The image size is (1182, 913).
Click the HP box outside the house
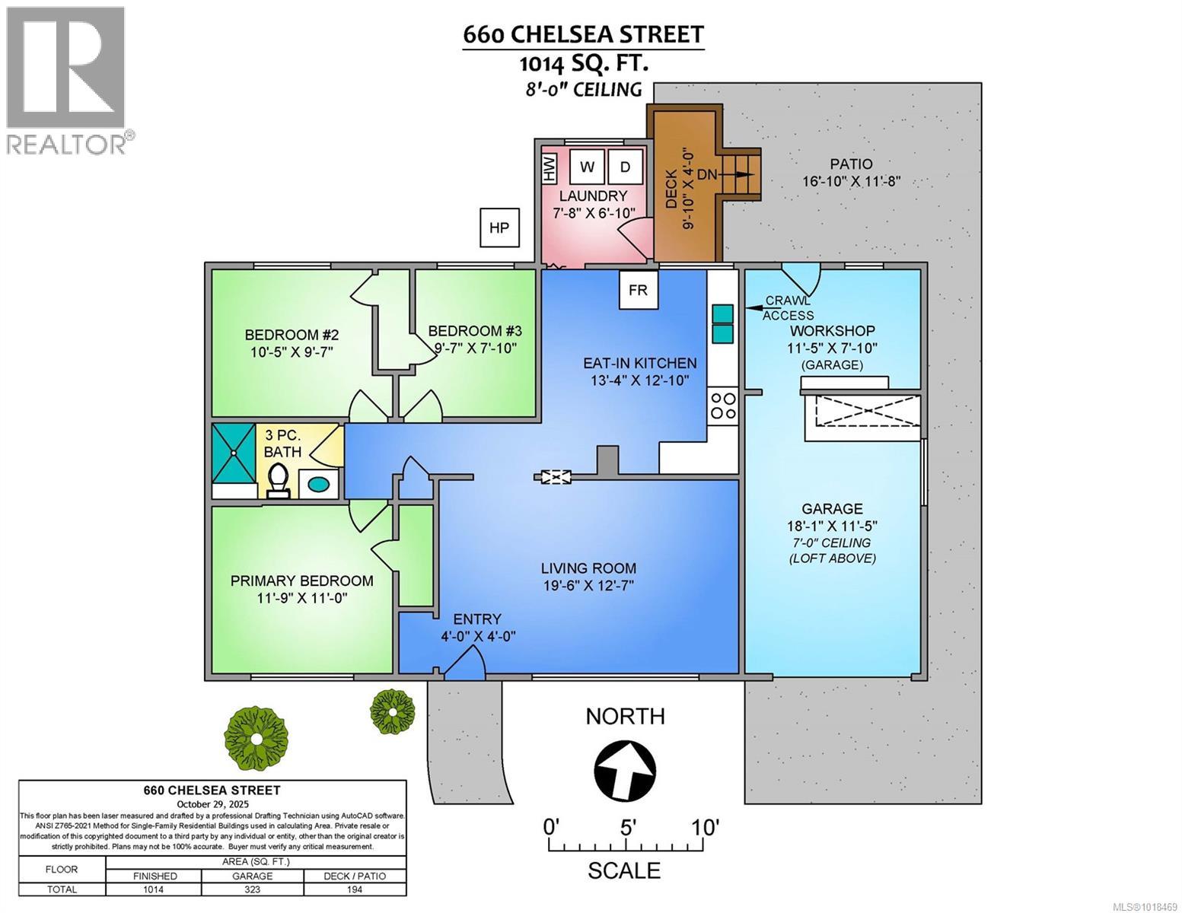point(499,227)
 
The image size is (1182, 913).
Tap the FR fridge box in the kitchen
point(638,290)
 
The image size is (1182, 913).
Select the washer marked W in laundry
point(587,167)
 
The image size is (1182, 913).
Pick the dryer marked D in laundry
point(625,167)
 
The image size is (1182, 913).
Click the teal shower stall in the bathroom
point(234,453)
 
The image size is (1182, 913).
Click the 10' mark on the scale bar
point(705,828)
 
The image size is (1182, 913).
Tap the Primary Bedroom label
point(301,581)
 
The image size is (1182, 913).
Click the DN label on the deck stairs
point(707,175)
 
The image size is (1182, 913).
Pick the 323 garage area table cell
point(252,889)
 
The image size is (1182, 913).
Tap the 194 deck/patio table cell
point(355,889)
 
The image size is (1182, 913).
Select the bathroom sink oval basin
point(318,484)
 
